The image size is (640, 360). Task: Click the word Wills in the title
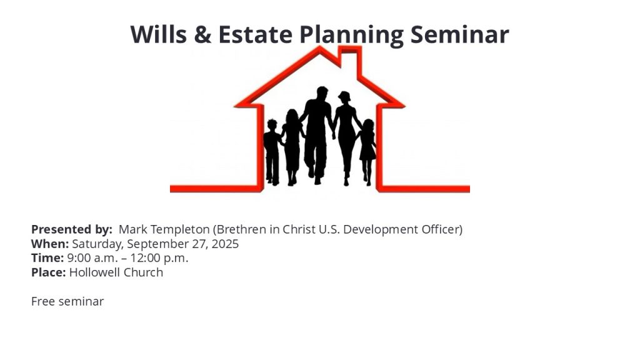point(159,34)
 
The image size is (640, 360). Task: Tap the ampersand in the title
point(203,34)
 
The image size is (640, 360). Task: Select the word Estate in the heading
point(256,34)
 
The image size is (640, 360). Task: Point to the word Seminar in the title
point(459,34)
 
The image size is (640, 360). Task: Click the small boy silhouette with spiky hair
point(272,152)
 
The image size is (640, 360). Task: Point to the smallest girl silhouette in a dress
point(367,152)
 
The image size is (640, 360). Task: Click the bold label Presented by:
point(72,229)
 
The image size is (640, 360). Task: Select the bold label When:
point(50,244)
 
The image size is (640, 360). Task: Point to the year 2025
point(225,244)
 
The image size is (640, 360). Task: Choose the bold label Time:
point(47,258)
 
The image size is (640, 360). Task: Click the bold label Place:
point(49,272)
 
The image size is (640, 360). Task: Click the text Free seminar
point(67,301)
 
